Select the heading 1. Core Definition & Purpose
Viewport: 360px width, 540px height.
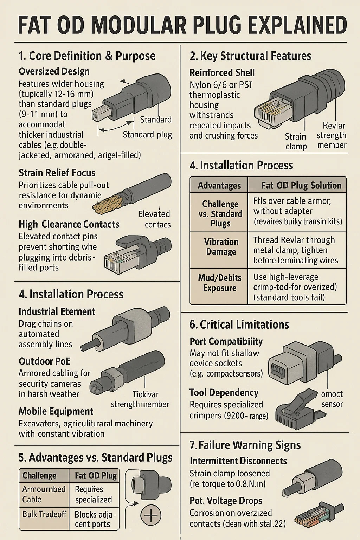[x=87, y=56]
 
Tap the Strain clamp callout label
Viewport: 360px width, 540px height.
[x=296, y=141]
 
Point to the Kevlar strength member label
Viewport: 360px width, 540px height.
[x=332, y=135]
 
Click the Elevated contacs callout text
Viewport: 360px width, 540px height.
[x=154, y=219]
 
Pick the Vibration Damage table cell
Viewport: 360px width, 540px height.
[x=221, y=247]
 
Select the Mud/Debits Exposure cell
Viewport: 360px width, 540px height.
[x=219, y=283]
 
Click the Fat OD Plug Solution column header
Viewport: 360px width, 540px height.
[x=301, y=185]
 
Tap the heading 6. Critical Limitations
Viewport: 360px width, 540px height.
[x=239, y=324]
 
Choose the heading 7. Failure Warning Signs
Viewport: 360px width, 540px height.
[x=245, y=445]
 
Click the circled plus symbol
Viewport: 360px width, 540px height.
[x=150, y=516]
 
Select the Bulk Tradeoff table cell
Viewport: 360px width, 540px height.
[x=44, y=514]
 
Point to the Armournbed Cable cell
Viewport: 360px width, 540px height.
[x=44, y=494]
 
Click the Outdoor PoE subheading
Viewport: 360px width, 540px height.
[x=45, y=361]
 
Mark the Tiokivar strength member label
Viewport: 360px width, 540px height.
[x=140, y=399]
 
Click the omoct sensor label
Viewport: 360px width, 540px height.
[x=332, y=399]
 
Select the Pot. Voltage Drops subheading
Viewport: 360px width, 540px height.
[x=226, y=501]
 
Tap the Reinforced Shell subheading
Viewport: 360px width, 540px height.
[x=222, y=73]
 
